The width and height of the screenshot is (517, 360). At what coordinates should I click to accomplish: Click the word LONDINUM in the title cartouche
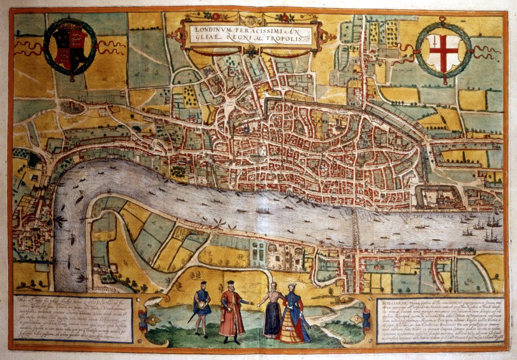[x=212, y=29]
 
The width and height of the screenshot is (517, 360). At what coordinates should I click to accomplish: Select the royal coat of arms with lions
[x=70, y=49]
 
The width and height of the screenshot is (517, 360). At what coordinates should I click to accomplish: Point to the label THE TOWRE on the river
[x=424, y=218]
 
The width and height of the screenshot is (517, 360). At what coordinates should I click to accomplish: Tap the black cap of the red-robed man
[x=231, y=283]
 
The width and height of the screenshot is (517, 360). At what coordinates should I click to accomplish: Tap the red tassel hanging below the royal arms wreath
[x=72, y=78]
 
